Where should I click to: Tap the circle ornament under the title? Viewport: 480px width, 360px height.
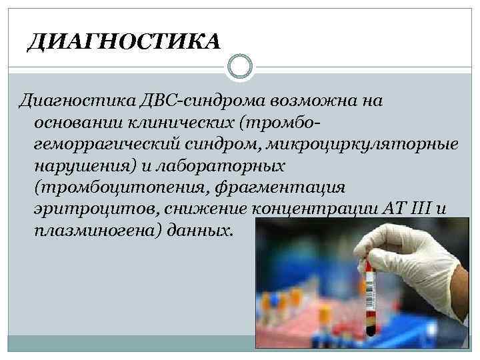(x=240, y=67)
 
